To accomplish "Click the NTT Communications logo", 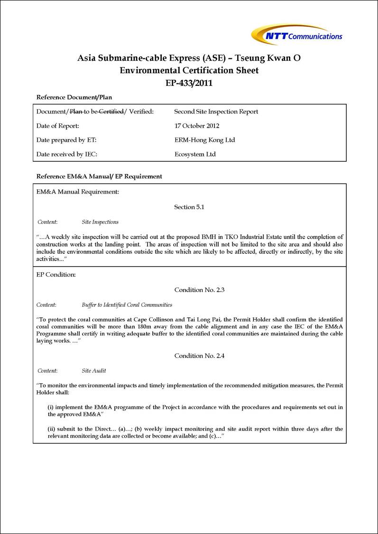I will (297, 35).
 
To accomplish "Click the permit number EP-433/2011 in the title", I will (189, 83).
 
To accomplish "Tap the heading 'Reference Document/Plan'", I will (74, 97).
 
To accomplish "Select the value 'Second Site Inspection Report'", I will (216, 111).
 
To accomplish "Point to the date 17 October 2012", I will (197, 126).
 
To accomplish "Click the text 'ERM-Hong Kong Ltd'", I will (204, 140).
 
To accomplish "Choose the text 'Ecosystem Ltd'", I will (195, 154).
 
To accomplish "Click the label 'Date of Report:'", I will (57, 126).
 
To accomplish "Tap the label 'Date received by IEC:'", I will (67, 154).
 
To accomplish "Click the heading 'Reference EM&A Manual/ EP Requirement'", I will (99, 176).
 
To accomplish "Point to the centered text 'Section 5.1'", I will (191, 207).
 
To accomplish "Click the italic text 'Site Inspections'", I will (100, 222).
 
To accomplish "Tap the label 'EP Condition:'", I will (56, 274).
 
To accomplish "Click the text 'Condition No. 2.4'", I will (199, 356).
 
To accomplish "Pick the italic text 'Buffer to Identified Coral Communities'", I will (127, 305).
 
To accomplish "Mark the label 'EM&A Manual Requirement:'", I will (77, 192).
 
